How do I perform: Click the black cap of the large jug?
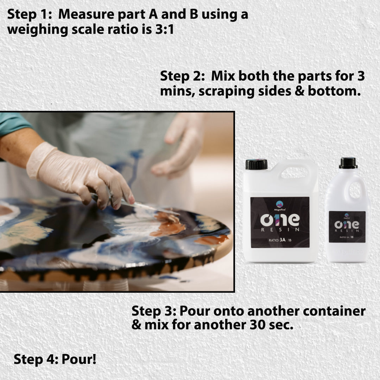pyautogui.click(x=256, y=164)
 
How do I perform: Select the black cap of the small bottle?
pyautogui.click(x=348, y=163)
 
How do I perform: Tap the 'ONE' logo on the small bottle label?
pyautogui.click(x=347, y=224)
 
